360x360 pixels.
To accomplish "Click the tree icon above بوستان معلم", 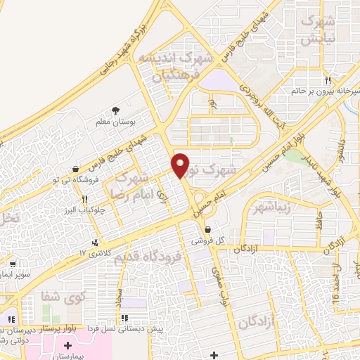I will (115, 110).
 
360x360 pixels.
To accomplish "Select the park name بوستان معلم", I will (115, 122).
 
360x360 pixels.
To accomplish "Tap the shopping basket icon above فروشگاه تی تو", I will (75, 168).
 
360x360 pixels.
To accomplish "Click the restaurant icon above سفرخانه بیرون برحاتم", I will (328, 80).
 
